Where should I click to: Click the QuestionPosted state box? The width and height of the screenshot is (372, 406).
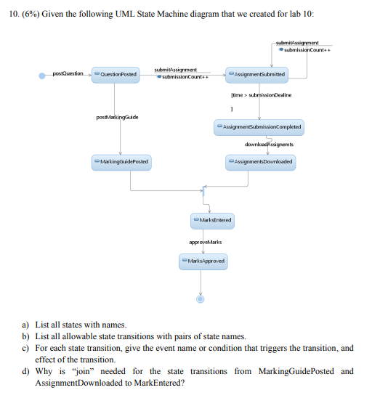[113, 74]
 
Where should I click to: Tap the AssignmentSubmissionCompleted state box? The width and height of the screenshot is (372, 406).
[259, 127]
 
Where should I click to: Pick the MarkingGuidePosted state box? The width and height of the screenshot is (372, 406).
[121, 161]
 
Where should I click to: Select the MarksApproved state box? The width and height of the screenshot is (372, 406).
[203, 260]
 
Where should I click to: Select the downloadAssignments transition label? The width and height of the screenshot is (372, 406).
[267, 145]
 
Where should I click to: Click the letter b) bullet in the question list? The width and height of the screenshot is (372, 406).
[26, 336]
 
